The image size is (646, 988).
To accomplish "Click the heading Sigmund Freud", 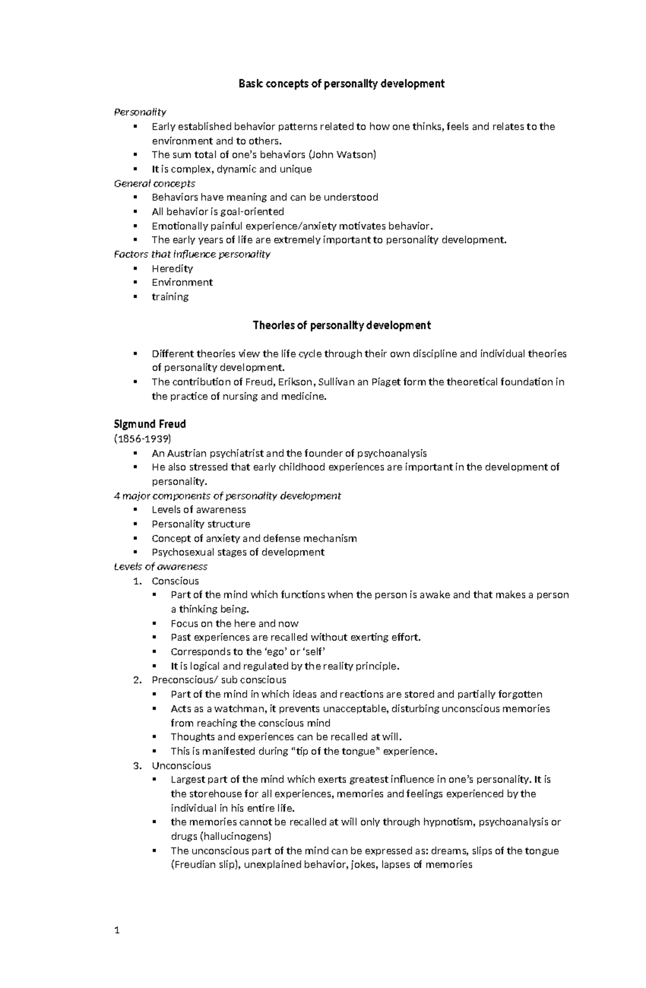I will pos(150,424).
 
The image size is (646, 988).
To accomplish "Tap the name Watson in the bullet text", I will pos(355,155).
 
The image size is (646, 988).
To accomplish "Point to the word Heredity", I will pos(172,269).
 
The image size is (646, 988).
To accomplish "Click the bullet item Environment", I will pos(182,283).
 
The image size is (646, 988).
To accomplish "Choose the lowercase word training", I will pos(170,297).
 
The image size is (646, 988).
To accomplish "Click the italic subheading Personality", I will pos(140,112).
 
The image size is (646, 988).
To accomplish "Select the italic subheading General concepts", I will pos(155,184).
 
